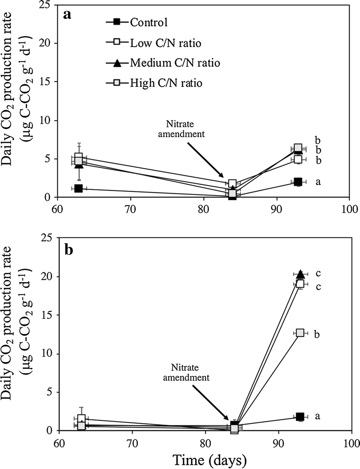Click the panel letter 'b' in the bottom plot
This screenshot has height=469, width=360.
tap(68, 250)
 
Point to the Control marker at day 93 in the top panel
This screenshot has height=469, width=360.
tap(298, 182)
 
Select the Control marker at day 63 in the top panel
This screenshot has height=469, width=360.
tap(78, 188)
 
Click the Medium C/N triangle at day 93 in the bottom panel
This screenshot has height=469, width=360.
tap(300, 274)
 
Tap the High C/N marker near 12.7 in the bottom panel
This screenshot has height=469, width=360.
tap(300, 333)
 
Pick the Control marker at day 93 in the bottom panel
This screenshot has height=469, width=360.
tap(300, 417)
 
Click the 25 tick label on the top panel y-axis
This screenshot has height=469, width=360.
tap(50, 5)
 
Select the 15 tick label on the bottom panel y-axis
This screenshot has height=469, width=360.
tap(50, 315)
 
